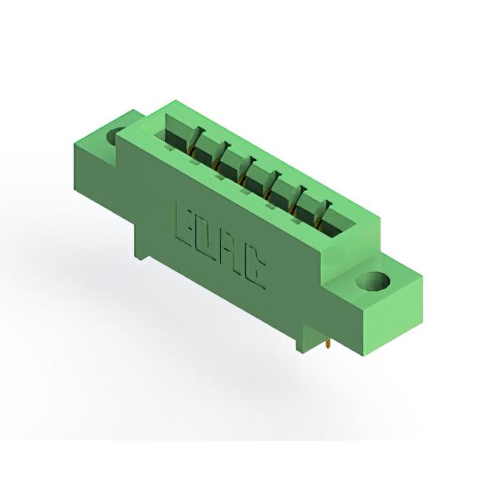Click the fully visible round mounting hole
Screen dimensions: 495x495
click(373, 281)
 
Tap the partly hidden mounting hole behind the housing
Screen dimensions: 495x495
click(114, 136)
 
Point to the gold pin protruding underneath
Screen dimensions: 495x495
click(329, 344)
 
